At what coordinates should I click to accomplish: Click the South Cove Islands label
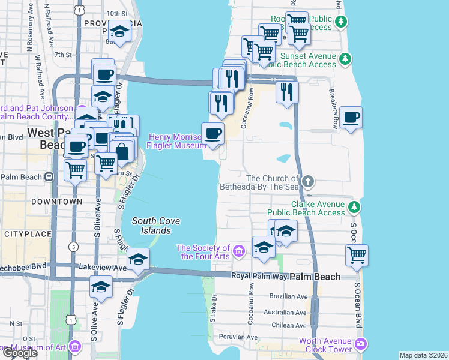[x=151, y=226]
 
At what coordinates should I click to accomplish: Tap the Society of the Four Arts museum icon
[x=239, y=250]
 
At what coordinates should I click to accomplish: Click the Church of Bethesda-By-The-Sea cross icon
[x=308, y=181]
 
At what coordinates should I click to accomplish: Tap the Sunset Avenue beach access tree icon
[x=345, y=59]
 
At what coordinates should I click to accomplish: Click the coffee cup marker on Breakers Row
[x=351, y=117]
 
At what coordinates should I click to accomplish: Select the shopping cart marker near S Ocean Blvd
[x=357, y=255]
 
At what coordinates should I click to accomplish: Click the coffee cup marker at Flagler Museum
[x=212, y=133]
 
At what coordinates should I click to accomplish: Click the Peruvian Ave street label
[x=238, y=337]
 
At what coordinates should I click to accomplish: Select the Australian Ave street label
[x=286, y=312]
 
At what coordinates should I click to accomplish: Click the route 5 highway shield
[x=73, y=247]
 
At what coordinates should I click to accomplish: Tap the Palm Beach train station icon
[x=50, y=176]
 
